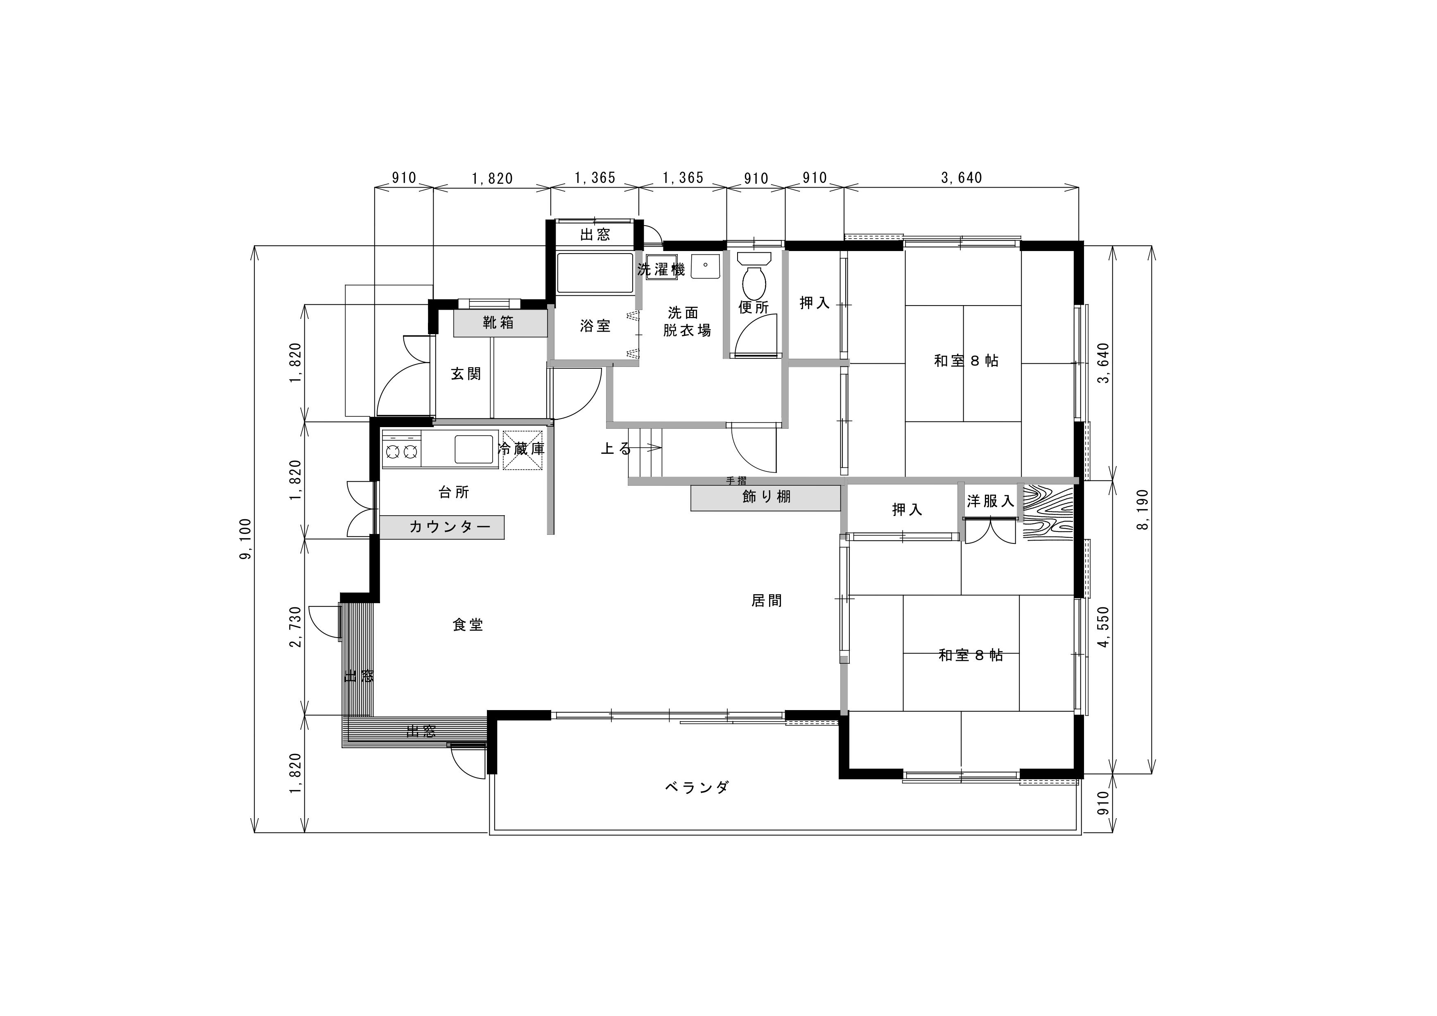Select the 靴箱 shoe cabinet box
point(500,324)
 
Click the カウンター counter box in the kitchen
point(442,527)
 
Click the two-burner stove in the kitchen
point(401,450)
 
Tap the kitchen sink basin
point(476,449)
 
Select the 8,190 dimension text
point(1143,509)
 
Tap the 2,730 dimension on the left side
point(296,627)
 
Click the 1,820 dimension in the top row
point(492,179)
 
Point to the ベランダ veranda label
point(697,787)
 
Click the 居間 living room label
point(767,601)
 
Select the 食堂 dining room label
point(468,625)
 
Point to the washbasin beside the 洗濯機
point(705,267)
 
